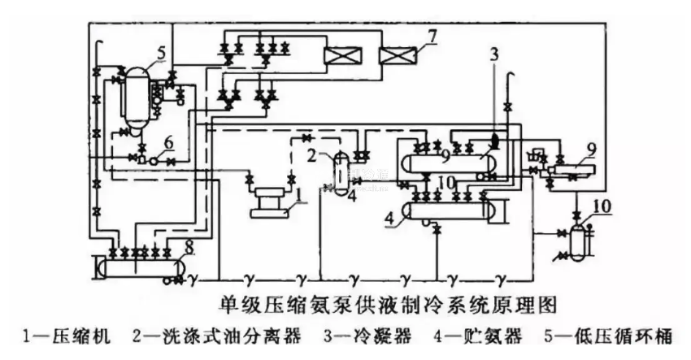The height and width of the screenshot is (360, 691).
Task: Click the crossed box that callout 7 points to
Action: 400,57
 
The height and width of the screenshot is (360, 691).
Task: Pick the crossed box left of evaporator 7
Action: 341,57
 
